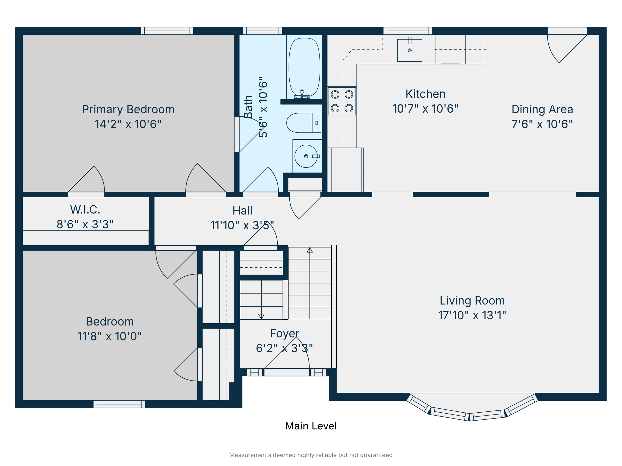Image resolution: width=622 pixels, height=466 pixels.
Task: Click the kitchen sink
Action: click(410, 50)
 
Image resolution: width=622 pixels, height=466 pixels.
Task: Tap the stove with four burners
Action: click(342, 101)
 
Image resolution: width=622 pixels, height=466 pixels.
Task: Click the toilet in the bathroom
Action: click(303, 123)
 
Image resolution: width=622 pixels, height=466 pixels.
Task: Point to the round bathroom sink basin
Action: click(306, 156)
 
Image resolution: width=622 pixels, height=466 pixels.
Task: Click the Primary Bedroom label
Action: click(128, 109)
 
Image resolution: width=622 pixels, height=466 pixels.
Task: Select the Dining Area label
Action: click(542, 109)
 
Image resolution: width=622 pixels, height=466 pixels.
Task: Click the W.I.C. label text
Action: click(85, 210)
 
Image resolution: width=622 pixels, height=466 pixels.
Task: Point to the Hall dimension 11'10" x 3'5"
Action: click(242, 225)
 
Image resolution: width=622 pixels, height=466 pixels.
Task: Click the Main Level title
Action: click(311, 426)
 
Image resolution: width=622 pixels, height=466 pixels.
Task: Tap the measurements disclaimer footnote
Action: click(311, 455)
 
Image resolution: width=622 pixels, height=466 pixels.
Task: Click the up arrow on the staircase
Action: click(310, 250)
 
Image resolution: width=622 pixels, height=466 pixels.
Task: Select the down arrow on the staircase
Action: click(261, 316)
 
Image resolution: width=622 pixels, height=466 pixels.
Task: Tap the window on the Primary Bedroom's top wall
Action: click(167, 31)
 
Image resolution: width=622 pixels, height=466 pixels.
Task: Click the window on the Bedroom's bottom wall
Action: click(119, 404)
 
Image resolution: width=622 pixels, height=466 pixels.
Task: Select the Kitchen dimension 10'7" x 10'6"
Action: click(425, 109)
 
